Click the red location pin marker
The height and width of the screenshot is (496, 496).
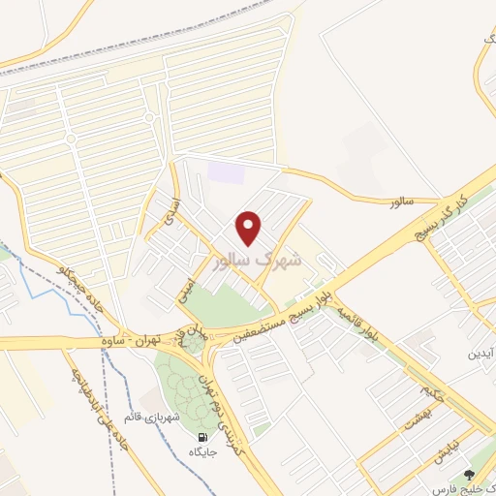[x=250, y=228]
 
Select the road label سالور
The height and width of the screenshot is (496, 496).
[x=401, y=201]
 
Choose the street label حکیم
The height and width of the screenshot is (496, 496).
[x=432, y=393]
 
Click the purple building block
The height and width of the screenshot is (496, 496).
[x=226, y=172]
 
